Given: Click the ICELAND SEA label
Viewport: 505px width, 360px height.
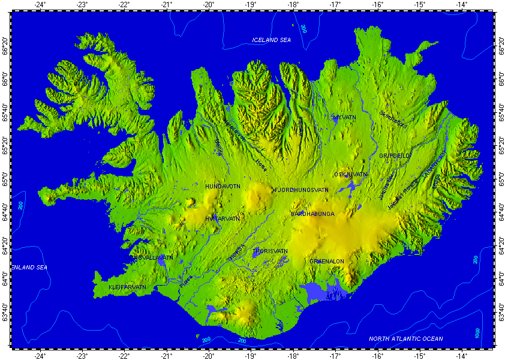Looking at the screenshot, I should pyautogui.click(x=271, y=40).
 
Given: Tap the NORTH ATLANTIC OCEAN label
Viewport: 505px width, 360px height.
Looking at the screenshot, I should pyautogui.click(x=406, y=339).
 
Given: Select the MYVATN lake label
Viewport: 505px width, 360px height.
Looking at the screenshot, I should pyautogui.click(x=344, y=118).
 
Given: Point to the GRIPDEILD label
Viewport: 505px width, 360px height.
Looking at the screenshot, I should pyautogui.click(x=395, y=155).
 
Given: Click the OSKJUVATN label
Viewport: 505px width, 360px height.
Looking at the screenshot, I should pyautogui.click(x=350, y=175).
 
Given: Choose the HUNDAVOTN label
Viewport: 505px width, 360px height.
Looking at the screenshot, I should pyautogui.click(x=223, y=187).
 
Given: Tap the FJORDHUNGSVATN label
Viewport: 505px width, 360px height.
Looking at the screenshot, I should pyautogui.click(x=302, y=190).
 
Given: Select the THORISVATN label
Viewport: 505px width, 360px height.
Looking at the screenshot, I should pyautogui.click(x=271, y=251).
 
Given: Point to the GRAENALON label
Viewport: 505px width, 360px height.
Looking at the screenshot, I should pyautogui.click(x=327, y=262).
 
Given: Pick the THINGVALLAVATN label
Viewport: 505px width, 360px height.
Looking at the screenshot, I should pyautogui.click(x=148, y=257).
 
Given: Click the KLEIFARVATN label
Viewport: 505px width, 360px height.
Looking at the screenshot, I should pyautogui.click(x=128, y=287).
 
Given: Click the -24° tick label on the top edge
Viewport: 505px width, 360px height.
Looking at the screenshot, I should pyautogui.click(x=40, y=5).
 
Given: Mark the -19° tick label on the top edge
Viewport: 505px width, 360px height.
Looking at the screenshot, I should pyautogui.click(x=251, y=5).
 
